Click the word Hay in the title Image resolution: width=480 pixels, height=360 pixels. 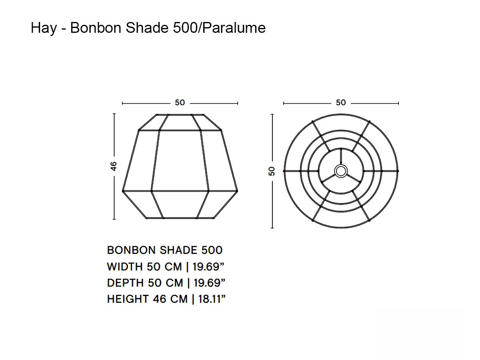pyautogui.click(x=44, y=28)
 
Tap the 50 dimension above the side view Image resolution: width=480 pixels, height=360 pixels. pyautogui.click(x=180, y=103)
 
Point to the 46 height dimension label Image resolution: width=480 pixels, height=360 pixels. pyautogui.click(x=114, y=166)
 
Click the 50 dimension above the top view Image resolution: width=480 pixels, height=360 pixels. pyautogui.click(x=341, y=103)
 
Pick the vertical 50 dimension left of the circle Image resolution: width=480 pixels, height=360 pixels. pyautogui.click(x=272, y=171)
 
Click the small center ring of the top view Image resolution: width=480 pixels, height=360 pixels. pyautogui.click(x=341, y=171)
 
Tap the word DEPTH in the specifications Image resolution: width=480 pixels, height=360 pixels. pyautogui.click(x=125, y=283)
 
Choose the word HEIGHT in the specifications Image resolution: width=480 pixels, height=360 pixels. pyautogui.click(x=128, y=299)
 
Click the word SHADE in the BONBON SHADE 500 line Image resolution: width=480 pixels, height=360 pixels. pyautogui.click(x=178, y=250)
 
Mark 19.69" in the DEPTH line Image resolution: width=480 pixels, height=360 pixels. pyautogui.click(x=209, y=283)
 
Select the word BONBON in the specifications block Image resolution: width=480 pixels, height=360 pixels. pyautogui.click(x=131, y=250)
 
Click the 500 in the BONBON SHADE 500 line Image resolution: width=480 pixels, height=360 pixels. pyautogui.click(x=212, y=250)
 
